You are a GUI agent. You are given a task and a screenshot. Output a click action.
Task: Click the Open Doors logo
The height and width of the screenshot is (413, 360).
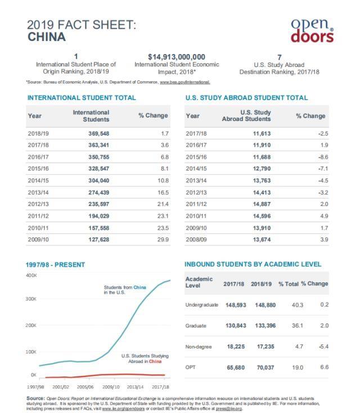(312, 30)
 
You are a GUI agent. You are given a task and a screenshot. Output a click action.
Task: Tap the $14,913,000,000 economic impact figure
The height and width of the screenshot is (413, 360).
(176, 57)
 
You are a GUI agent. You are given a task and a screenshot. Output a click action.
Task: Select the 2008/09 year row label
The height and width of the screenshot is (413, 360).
(196, 240)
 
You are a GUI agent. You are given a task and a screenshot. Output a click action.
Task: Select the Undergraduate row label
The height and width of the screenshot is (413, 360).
(201, 304)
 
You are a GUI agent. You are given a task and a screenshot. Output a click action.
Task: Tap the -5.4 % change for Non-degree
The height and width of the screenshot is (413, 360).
(322, 347)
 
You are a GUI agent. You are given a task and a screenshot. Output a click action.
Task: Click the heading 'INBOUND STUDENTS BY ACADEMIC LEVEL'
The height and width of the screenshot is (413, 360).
(253, 264)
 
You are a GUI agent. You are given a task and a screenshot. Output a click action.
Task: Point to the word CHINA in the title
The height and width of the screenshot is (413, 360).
(46, 37)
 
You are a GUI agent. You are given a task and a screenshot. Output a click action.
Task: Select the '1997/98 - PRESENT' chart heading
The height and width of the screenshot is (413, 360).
(55, 264)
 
